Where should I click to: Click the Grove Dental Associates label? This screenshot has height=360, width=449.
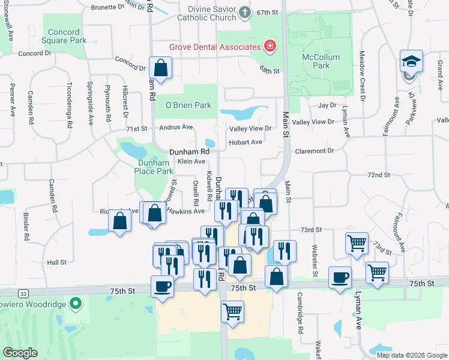(214, 46)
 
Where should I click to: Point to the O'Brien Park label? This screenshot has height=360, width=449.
(188, 105)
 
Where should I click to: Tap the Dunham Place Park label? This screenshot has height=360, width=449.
(155, 167)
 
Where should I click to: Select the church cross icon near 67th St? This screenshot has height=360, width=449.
(244, 12)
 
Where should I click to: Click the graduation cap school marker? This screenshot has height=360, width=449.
(412, 62)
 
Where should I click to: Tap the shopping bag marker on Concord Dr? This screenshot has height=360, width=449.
(161, 67)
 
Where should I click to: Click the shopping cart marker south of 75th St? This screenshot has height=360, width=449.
(232, 311)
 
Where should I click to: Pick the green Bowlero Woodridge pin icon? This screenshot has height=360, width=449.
(75, 304)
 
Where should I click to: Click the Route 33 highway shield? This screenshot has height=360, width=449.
(22, 293)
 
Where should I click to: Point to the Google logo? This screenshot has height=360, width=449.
(20, 352)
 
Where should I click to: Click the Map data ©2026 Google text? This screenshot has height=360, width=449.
(411, 355)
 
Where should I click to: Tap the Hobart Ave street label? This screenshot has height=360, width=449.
(246, 142)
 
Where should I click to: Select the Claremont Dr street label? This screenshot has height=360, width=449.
(314, 151)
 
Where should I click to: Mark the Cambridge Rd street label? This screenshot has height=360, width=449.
(299, 313)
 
